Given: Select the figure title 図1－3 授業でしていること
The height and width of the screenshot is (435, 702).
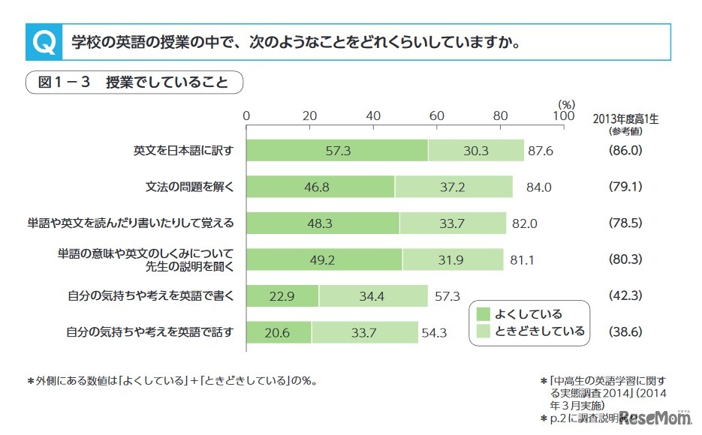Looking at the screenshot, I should (133, 82).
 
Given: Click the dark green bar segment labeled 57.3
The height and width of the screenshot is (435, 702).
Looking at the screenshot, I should (337, 151).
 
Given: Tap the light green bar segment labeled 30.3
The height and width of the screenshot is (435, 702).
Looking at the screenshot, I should (475, 151).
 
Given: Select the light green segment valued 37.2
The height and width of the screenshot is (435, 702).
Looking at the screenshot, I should (453, 187).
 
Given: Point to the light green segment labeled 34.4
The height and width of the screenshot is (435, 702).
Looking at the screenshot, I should (372, 295).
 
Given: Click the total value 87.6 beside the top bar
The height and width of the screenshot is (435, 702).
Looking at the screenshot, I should (541, 151).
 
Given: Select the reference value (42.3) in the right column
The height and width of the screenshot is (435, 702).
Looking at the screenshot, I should (625, 295).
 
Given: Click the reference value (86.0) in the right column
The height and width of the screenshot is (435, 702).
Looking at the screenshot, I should (625, 151).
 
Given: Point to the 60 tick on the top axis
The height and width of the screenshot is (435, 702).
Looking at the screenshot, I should (436, 116).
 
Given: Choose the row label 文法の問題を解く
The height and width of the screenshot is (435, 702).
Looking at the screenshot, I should (190, 187).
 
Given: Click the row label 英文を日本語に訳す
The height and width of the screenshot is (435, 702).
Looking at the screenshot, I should (184, 151).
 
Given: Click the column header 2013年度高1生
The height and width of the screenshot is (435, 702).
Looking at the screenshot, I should (625, 118).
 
